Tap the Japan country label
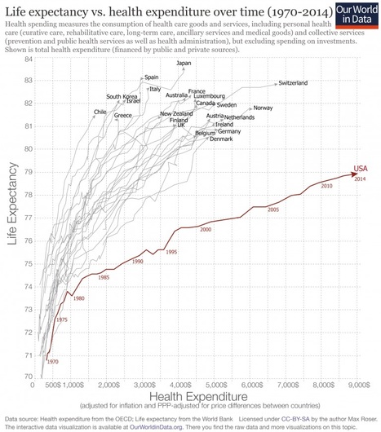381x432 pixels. [x=184, y=63]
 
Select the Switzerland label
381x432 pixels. [x=293, y=83]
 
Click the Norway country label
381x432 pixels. [x=263, y=108]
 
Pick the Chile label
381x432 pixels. [x=100, y=112]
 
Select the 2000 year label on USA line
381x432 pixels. [x=206, y=230]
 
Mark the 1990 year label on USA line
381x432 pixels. [x=137, y=262]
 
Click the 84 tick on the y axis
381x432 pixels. [x=29, y=60]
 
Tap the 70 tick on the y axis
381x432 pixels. [x=29, y=377]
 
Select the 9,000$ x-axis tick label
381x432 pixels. [x=359, y=384]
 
